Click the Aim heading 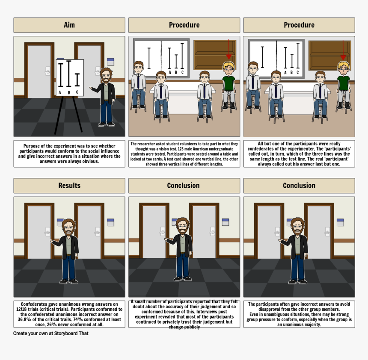point(69,25)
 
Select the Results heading point(69,186)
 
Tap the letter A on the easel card point(59,92)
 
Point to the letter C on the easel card point(77,92)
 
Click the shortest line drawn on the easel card point(77,80)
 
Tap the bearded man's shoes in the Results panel point(69,281)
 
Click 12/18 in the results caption point(22,309)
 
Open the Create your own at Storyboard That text point(50,333)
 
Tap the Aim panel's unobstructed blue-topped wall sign point(110,61)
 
